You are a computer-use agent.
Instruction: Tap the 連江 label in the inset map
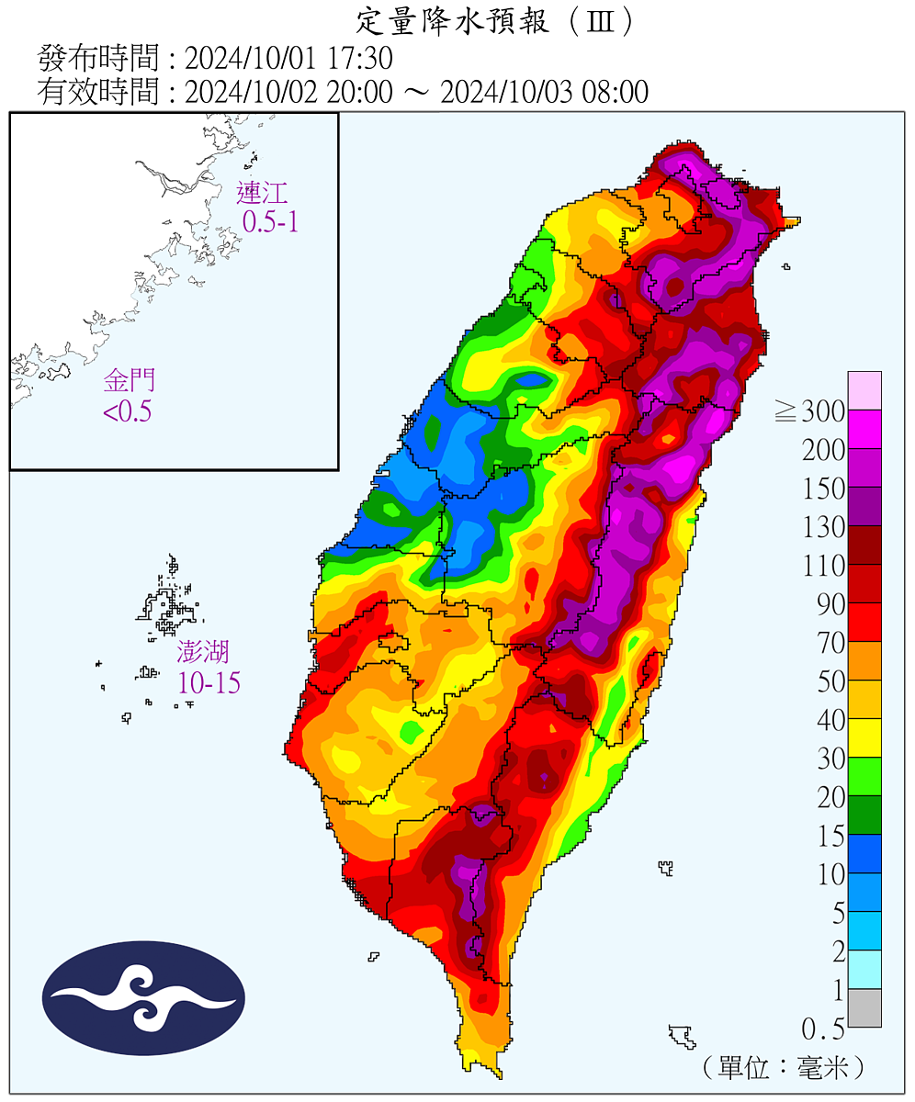pyautogui.click(x=262, y=193)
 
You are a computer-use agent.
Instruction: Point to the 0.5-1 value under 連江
pyautogui.click(x=270, y=221)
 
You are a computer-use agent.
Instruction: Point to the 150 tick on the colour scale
pyautogui.click(x=823, y=489)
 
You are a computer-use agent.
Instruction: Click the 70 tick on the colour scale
pyautogui.click(x=831, y=643)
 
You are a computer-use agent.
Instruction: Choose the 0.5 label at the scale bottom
pyautogui.click(x=823, y=1028)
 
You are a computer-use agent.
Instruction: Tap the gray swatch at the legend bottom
pyautogui.click(x=864, y=1007)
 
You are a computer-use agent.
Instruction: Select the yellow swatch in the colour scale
pyautogui.click(x=864, y=737)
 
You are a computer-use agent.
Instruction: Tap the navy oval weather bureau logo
pyautogui.click(x=144, y=998)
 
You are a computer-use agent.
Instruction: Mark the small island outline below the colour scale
pyautogui.click(x=682, y=1036)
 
